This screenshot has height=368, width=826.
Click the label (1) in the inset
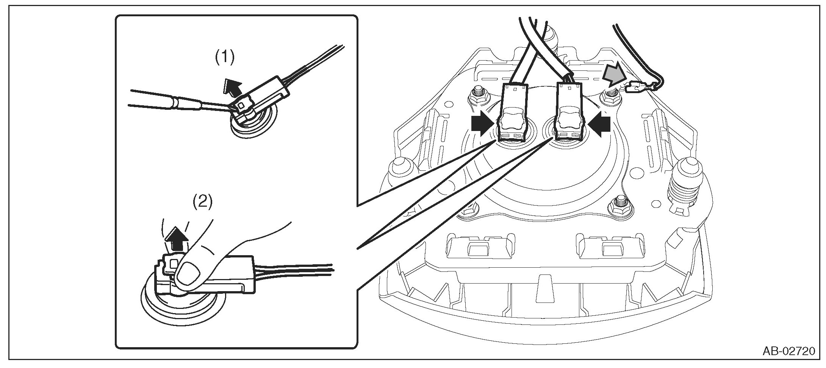[x=225, y=58]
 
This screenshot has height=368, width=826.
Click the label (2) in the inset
[x=203, y=202]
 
